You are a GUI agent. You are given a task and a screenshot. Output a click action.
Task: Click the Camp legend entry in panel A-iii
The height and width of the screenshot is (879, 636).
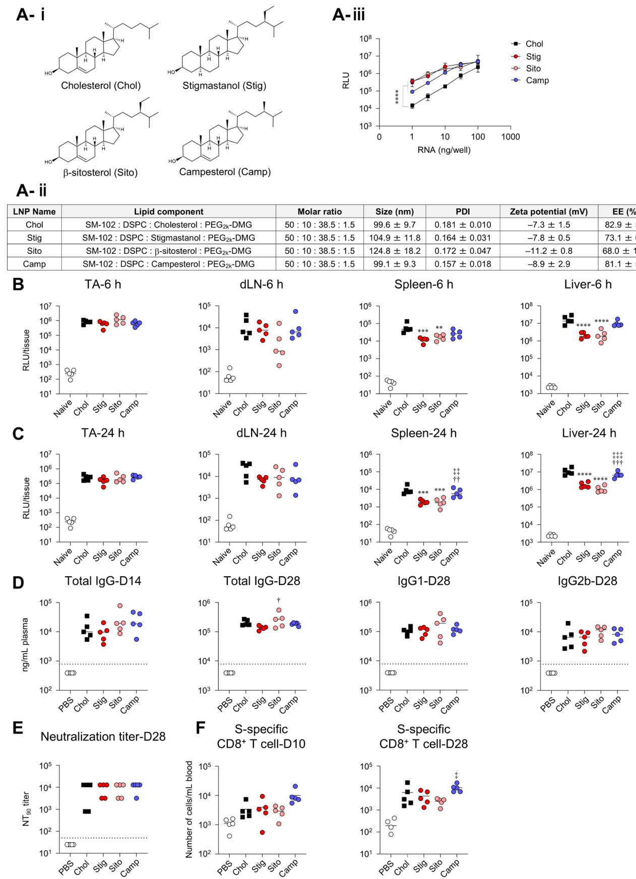(537, 81)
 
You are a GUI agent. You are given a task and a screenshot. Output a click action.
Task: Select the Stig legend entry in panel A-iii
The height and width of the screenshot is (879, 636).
(533, 56)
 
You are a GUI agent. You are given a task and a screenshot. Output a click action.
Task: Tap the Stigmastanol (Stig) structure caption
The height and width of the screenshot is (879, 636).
(224, 86)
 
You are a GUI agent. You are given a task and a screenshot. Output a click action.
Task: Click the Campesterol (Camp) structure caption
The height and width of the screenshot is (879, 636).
(225, 172)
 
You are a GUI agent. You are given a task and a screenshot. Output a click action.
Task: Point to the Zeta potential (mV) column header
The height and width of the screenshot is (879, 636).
(548, 212)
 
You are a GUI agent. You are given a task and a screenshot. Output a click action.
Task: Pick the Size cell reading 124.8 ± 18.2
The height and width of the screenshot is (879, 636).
(395, 251)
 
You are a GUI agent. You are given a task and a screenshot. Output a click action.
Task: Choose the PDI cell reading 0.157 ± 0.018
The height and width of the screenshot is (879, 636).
(463, 264)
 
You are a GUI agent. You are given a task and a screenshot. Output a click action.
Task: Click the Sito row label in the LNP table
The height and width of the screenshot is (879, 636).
(34, 251)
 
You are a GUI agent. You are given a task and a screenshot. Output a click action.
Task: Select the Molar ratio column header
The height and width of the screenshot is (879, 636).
(320, 212)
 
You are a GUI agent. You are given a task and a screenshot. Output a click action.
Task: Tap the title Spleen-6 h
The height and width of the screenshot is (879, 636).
(423, 285)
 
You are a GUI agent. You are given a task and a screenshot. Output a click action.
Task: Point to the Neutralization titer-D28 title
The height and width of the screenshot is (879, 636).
(103, 736)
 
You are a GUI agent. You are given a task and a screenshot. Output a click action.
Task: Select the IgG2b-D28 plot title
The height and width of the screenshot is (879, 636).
(587, 581)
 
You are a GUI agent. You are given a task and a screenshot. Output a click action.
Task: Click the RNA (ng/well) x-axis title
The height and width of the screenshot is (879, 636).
(443, 150)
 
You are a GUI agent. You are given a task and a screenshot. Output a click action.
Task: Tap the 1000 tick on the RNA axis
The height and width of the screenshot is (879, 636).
(511, 137)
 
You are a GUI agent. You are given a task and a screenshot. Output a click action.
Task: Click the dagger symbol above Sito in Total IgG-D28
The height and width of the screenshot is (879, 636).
(278, 600)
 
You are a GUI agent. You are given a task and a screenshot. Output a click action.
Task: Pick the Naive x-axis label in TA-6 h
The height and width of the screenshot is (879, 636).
(62, 409)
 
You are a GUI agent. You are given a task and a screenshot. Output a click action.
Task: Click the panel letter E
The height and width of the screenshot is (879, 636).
(18, 728)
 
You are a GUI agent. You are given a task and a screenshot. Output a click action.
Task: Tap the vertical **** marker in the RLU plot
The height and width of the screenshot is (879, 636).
(397, 97)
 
